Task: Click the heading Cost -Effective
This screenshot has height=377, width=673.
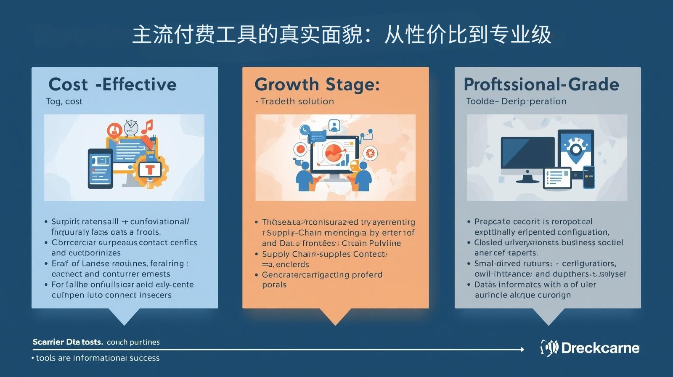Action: click(x=112, y=85)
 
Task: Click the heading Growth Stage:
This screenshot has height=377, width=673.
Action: click(x=317, y=85)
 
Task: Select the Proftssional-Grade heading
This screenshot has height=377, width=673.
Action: click(x=541, y=85)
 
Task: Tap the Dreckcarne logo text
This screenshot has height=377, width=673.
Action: click(x=600, y=348)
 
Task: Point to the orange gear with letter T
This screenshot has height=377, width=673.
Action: click(x=151, y=170)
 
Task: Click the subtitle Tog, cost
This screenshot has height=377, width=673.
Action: click(x=64, y=101)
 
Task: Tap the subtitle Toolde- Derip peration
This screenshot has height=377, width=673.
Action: click(x=516, y=101)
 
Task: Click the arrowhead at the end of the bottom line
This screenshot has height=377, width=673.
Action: click(x=522, y=349)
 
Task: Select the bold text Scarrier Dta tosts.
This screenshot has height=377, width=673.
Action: click(x=68, y=342)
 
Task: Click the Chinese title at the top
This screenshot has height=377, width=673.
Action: click(x=342, y=35)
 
